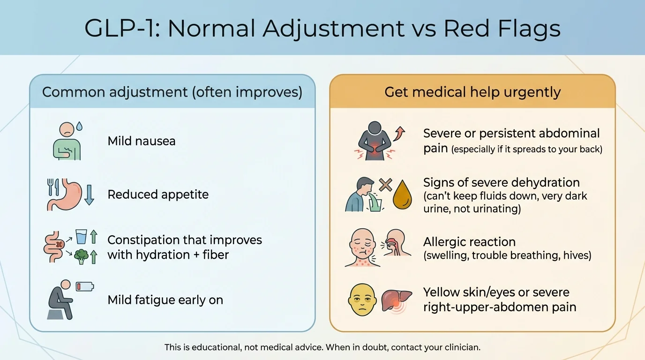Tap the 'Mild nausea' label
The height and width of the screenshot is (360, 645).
(142, 141)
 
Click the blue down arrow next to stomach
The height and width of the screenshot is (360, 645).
(89, 195)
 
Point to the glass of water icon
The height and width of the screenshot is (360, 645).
(81, 237)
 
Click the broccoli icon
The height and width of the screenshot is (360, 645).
(81, 256)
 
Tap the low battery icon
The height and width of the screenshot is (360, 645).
(85, 286)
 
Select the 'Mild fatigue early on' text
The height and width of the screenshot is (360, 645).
(165, 300)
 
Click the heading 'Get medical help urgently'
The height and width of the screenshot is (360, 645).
(472, 92)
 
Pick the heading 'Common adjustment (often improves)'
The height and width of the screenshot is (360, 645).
(172, 92)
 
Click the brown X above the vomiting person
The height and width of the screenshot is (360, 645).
(385, 184)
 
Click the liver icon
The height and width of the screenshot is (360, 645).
(396, 300)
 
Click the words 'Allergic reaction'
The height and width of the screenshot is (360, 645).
(469, 242)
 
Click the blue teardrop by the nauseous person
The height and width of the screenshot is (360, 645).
(79, 126)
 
